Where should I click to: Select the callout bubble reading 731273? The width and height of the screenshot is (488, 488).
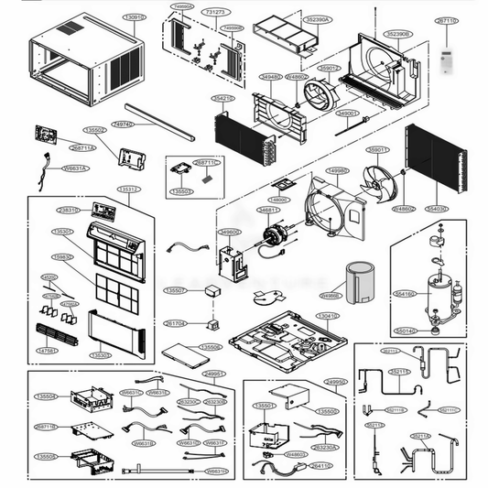218,13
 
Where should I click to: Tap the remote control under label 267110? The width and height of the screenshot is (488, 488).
447,61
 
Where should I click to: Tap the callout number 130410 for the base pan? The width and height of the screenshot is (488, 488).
327,316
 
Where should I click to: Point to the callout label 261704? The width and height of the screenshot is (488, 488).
174,324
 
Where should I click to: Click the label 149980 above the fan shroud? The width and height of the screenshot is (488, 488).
338,171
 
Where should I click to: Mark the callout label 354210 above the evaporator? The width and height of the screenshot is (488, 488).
223,97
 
